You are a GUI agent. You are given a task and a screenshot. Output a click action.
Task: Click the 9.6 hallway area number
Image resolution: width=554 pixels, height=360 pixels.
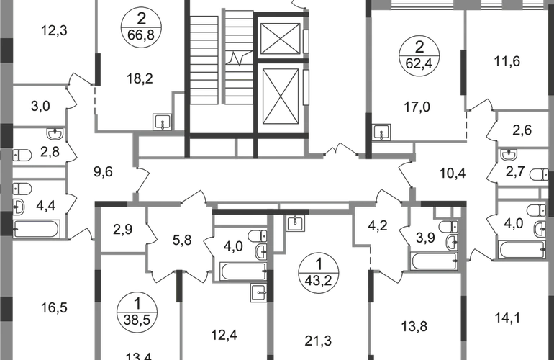point(104,171)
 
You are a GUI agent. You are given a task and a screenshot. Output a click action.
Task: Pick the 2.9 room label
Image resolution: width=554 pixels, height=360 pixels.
point(121,230)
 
